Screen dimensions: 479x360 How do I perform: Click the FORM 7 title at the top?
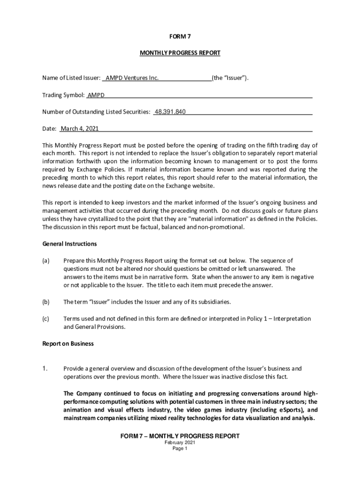[180, 36]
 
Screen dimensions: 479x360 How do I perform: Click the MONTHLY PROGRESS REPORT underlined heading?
[180, 53]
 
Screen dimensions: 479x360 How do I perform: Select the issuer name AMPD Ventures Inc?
[132, 78]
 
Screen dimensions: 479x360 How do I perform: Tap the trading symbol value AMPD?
[96, 95]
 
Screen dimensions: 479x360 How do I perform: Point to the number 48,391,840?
[170, 112]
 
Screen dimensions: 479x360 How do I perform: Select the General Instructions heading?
[70, 244]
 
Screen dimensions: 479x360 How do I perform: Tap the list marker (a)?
[46, 261]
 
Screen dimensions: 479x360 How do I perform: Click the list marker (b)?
[46, 302]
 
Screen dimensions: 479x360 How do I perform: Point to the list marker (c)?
[46, 319]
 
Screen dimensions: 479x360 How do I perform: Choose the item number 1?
[45, 368]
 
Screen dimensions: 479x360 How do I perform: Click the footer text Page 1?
[180, 448]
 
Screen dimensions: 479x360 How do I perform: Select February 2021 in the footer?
[180, 443]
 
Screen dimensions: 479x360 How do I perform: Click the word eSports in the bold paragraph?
[268, 410]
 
